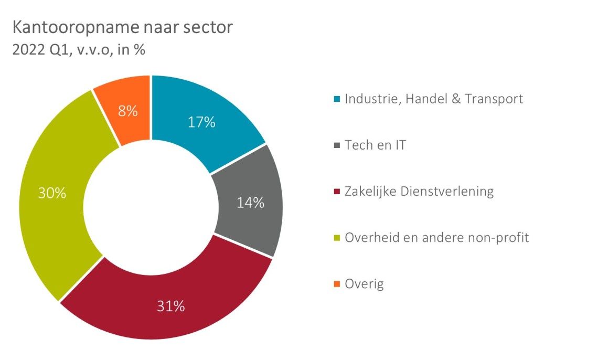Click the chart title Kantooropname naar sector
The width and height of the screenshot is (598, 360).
click(122, 28)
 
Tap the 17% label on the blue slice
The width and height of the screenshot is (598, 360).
click(202, 123)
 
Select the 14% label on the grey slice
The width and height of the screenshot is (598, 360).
click(250, 203)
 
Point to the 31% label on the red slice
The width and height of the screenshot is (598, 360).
click(171, 306)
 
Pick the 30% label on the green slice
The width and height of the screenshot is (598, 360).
click(52, 193)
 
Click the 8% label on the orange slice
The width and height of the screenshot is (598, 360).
click(128, 111)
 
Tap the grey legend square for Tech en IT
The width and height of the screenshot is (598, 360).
click(337, 145)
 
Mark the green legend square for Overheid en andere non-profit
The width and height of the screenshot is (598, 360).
click(337, 238)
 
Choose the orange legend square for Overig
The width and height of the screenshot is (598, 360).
click(337, 285)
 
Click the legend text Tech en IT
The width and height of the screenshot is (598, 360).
click(375, 145)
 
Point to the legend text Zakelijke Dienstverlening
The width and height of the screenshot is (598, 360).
click(419, 192)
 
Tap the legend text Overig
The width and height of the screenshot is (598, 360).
click(364, 285)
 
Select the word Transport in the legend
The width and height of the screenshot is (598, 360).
click(494, 99)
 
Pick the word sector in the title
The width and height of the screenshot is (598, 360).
click(210, 28)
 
